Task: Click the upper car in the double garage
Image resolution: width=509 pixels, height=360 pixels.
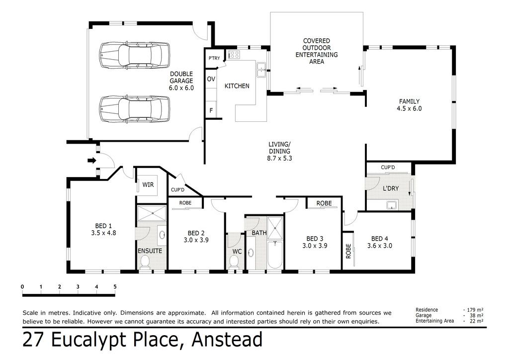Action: pyautogui.click(x=134, y=55)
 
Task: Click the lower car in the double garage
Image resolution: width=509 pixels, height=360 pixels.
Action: pyautogui.click(x=134, y=109)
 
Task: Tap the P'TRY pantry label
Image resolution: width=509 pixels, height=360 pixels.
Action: pyautogui.click(x=214, y=58)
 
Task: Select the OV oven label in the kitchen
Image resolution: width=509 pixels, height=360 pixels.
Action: pyautogui.click(x=211, y=79)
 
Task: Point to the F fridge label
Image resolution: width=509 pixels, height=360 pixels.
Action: pyautogui.click(x=211, y=111)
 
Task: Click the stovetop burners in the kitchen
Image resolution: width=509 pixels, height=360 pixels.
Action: pyautogui.click(x=234, y=55)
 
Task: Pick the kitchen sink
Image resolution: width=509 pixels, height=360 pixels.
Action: pyautogui.click(x=261, y=70)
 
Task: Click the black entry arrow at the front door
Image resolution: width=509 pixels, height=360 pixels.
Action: pyautogui.click(x=92, y=160)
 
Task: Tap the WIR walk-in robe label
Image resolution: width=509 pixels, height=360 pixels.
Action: pyautogui.click(x=148, y=184)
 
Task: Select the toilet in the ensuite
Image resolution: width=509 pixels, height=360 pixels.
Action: pyautogui.click(x=145, y=262)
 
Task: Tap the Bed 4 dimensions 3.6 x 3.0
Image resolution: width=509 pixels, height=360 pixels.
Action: pyautogui.click(x=379, y=246)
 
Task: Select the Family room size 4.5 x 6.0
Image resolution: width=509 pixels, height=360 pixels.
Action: pyautogui.click(x=409, y=108)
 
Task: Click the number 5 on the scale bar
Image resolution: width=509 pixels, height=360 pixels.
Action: pyautogui.click(x=115, y=286)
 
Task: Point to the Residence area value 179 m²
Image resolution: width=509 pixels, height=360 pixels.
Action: pyautogui.click(x=475, y=310)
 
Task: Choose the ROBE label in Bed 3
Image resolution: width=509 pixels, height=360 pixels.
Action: pyautogui.click(x=324, y=203)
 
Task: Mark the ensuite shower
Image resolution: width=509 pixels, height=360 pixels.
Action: pyautogui.click(x=152, y=213)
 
